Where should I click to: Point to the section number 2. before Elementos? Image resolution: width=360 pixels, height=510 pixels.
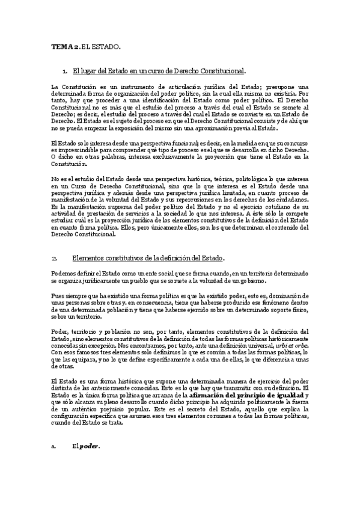click(55, 258)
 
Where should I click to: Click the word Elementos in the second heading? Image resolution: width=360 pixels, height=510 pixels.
click(90, 258)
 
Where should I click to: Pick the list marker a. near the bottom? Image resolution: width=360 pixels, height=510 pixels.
click(54, 463)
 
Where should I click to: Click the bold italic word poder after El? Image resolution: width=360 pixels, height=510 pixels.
click(90, 463)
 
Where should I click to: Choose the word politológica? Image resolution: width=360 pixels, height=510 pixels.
click(231, 179)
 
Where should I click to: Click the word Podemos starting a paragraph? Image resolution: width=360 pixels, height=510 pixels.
click(64, 274)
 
